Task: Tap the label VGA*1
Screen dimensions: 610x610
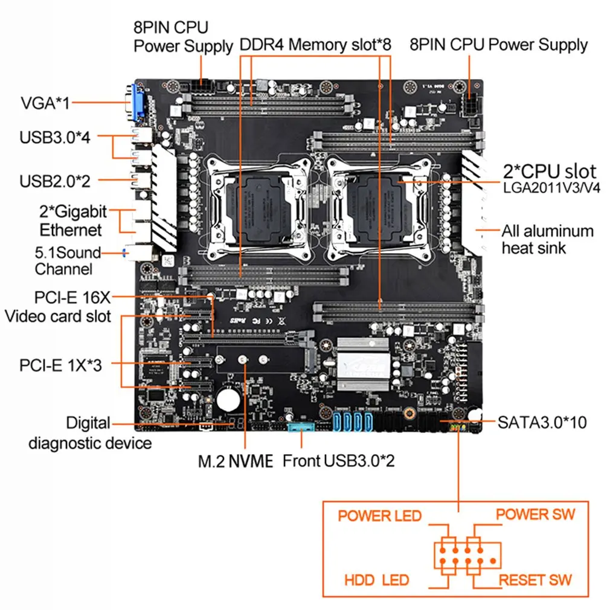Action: click(x=45, y=103)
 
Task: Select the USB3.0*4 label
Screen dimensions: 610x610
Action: click(x=54, y=137)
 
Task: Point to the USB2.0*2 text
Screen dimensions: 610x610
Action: click(x=54, y=181)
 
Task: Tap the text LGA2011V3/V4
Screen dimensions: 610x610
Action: click(x=551, y=188)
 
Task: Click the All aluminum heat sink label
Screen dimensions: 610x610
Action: click(x=547, y=239)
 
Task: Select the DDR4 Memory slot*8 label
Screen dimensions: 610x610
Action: click(x=316, y=45)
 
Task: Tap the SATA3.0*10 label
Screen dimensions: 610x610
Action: click(x=542, y=422)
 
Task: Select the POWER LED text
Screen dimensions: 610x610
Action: click(x=379, y=516)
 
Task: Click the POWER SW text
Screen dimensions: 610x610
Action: click(x=535, y=515)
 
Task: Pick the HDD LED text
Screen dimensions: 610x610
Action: click(x=376, y=580)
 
